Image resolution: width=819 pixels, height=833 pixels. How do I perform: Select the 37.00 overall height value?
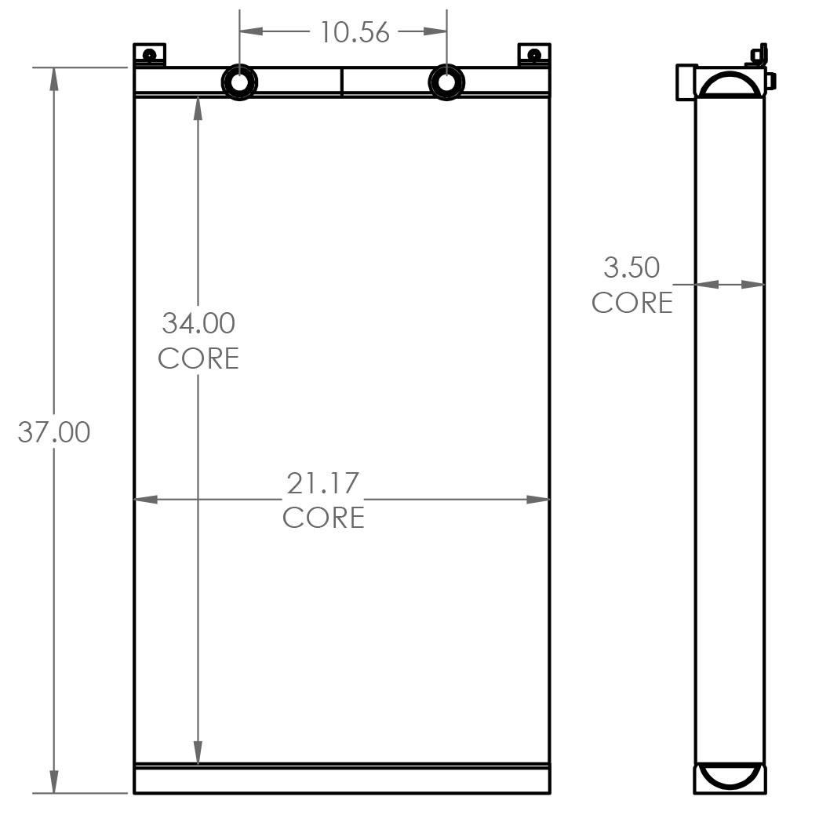pyautogui.click(x=54, y=431)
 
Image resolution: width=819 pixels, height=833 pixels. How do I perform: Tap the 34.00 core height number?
pyautogui.click(x=198, y=322)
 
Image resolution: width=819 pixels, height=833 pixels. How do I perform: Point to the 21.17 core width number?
pyautogui.click(x=322, y=483)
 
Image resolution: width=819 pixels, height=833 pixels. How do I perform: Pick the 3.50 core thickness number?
pyautogui.click(x=632, y=267)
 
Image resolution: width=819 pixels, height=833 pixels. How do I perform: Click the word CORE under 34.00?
pyautogui.click(x=198, y=358)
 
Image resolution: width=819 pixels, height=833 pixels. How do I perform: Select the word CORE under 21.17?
pyautogui.click(x=323, y=518)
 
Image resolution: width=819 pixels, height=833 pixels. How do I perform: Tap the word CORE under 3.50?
pyautogui.click(x=632, y=302)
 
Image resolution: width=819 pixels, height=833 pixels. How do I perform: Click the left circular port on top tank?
pyautogui.click(x=239, y=82)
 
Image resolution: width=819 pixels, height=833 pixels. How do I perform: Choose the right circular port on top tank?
pyautogui.click(x=446, y=82)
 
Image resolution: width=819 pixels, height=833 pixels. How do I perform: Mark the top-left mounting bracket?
pyautogui.click(x=148, y=55)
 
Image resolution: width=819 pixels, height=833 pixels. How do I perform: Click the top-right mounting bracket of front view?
pyautogui.click(x=534, y=55)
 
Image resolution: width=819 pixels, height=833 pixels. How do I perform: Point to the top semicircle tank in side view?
pyautogui.click(x=730, y=83)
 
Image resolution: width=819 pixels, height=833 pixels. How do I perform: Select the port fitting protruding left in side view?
pyautogui.click(x=686, y=82)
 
